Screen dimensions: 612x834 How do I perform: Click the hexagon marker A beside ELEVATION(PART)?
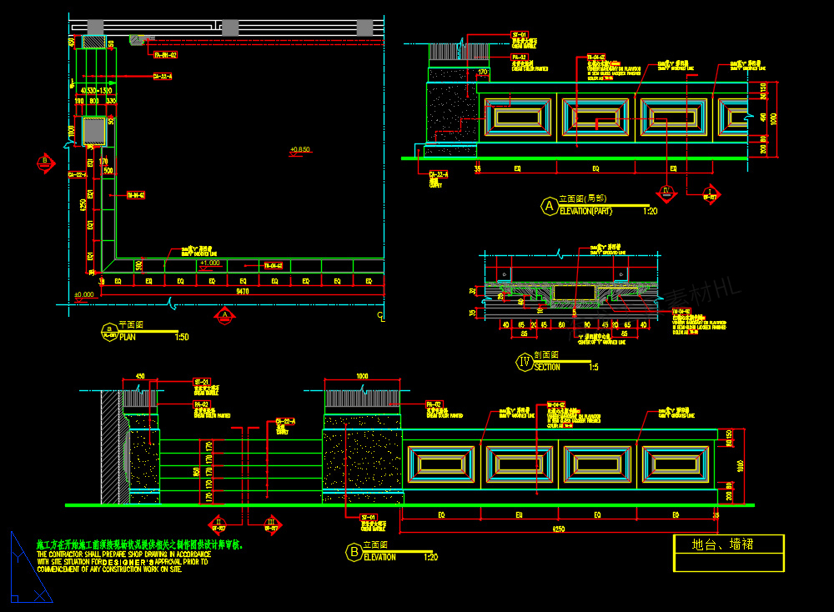[x=549, y=206]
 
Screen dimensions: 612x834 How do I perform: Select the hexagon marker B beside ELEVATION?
[x=353, y=552]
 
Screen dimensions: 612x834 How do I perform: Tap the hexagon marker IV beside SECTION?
[x=525, y=362]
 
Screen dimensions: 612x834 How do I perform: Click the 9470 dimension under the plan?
[x=243, y=292]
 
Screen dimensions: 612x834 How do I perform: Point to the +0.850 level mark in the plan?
[x=299, y=150]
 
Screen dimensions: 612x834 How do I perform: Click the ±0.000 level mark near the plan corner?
[x=83, y=294]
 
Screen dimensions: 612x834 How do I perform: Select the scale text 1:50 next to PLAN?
[x=181, y=337]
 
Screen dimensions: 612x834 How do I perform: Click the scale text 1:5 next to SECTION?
[x=593, y=367]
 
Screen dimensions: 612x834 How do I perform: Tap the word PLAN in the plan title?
[x=128, y=337]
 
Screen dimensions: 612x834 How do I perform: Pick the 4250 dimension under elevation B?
[x=558, y=529]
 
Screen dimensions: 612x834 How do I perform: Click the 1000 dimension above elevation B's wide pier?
[x=362, y=376]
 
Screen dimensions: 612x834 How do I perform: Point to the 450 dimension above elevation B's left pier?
[x=139, y=376]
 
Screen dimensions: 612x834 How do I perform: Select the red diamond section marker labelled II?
[x=219, y=525]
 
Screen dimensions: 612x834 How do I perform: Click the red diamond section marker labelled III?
[x=272, y=525]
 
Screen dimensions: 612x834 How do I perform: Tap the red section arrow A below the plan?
[x=224, y=315]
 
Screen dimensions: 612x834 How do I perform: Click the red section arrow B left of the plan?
[x=43, y=162]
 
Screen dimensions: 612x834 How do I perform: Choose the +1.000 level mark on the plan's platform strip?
[x=209, y=263]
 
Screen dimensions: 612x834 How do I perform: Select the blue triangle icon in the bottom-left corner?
[x=28, y=570]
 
